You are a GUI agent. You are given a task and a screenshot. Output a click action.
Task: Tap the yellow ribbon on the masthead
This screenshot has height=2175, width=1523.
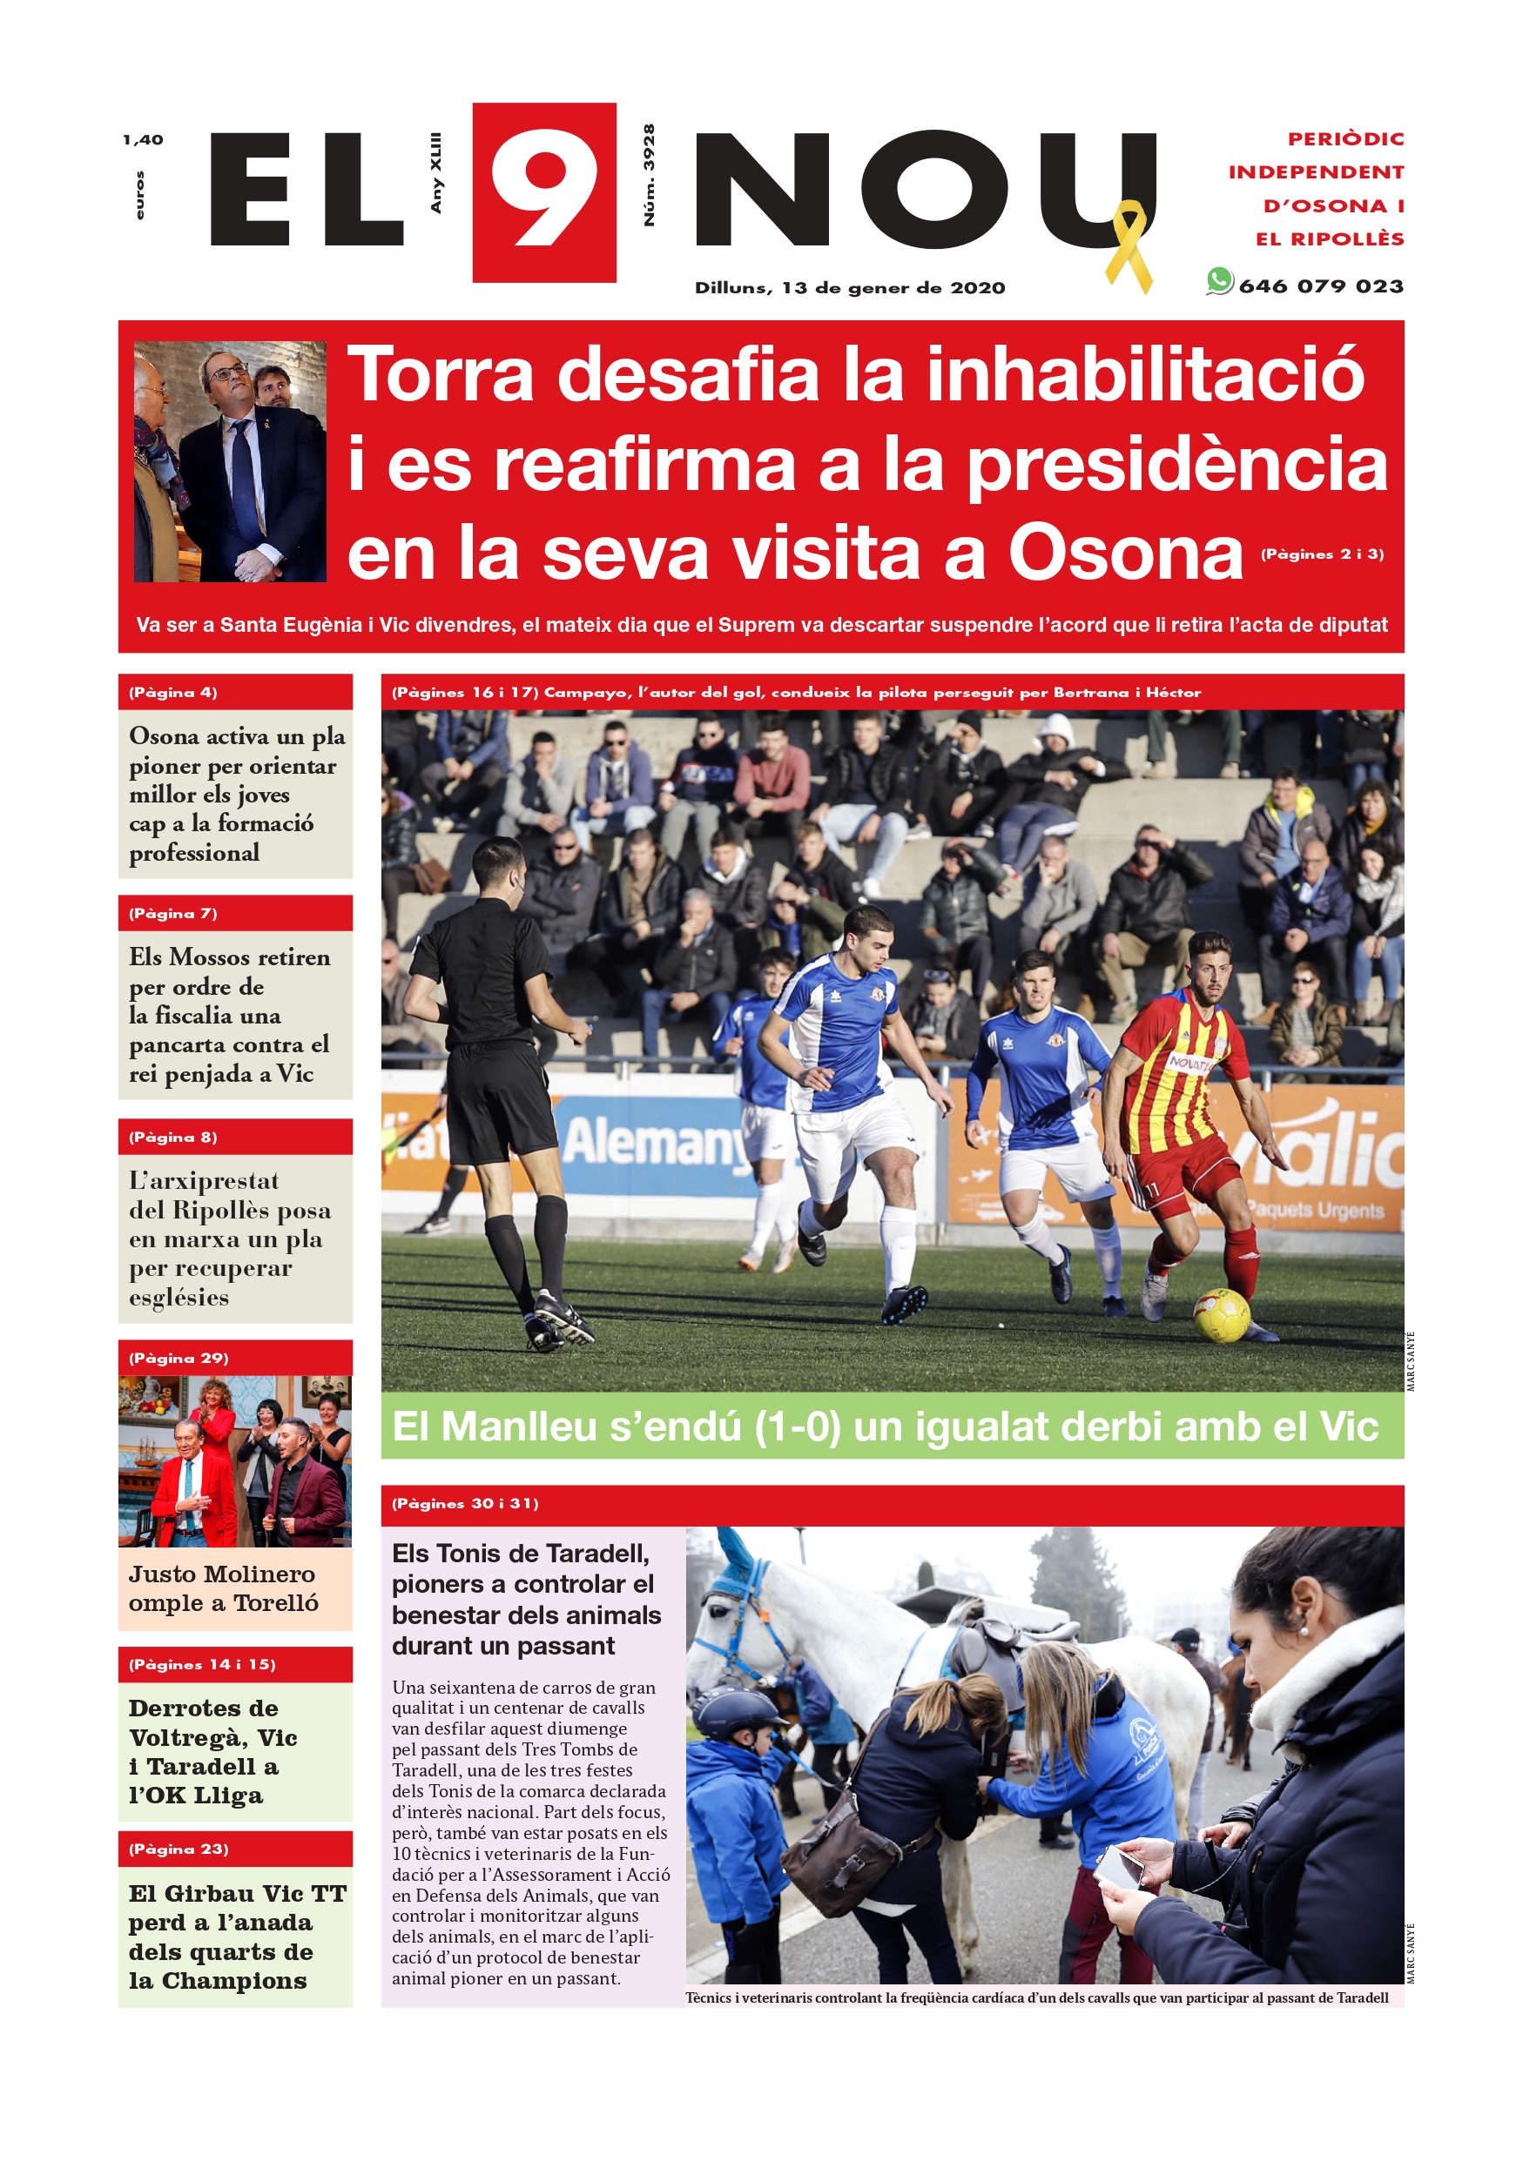1129,245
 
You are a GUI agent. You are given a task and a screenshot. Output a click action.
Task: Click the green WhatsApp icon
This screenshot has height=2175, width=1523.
1219,281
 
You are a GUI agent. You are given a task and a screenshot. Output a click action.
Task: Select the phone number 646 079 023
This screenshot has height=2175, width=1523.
1320,286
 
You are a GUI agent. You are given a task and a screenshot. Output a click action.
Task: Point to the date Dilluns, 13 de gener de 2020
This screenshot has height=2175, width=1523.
849,288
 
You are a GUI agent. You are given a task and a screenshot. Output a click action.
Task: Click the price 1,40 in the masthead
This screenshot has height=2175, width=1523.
142,140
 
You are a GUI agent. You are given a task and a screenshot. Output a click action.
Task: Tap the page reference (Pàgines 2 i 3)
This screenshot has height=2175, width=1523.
1321,554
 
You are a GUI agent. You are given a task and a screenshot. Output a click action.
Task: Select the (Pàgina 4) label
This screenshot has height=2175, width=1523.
173,693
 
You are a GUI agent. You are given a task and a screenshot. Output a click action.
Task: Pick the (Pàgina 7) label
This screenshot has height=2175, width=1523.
173,913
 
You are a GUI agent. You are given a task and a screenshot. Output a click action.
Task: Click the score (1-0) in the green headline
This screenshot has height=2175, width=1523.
797,1427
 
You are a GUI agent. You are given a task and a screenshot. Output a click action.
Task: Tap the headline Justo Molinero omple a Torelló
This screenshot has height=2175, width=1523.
224,1588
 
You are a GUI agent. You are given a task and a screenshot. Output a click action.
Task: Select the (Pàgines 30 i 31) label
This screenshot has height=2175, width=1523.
465,1503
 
